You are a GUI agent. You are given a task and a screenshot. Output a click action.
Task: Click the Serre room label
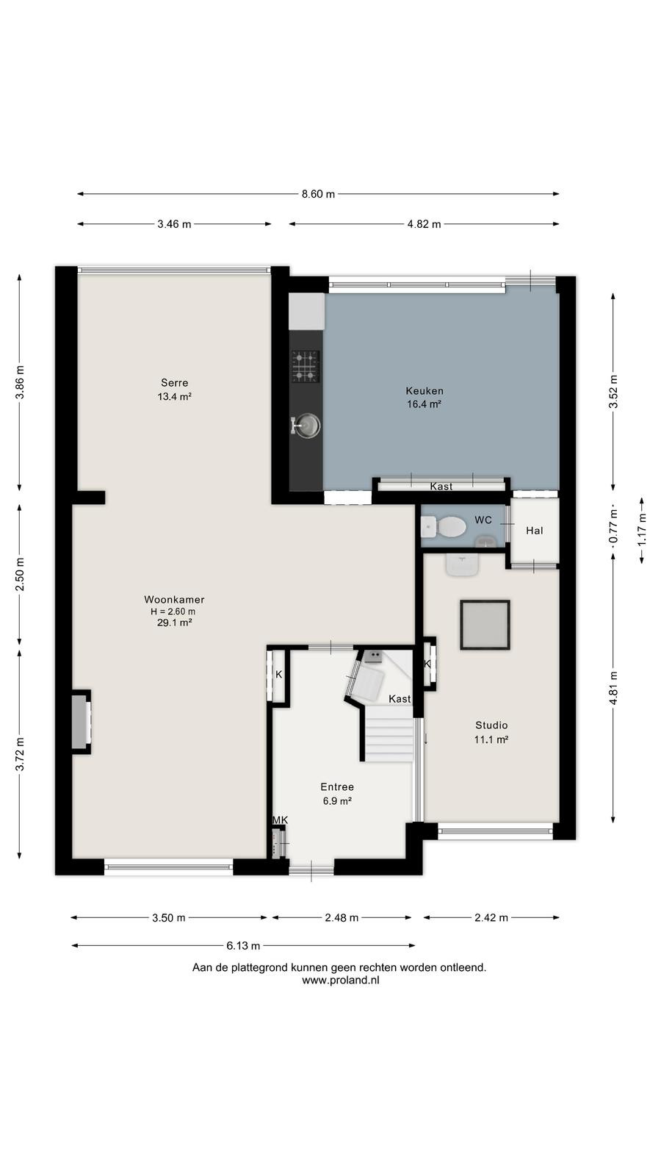point(174,383)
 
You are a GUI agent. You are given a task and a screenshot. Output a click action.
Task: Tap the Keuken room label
point(425,390)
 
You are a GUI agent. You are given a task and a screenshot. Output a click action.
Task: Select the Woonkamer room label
point(174,599)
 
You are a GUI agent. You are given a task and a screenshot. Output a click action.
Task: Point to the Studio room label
point(491,725)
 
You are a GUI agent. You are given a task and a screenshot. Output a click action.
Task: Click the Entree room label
point(337,786)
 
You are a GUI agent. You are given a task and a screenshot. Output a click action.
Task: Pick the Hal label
point(535,530)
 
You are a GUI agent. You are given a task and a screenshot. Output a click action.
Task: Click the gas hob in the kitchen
point(306,366)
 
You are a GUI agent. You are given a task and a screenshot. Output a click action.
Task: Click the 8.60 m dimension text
point(318,194)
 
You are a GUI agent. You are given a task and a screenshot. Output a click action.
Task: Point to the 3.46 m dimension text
point(174,224)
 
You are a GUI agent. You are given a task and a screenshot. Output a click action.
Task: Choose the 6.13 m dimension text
point(243,945)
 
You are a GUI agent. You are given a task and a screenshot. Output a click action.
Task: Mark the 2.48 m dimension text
point(342,918)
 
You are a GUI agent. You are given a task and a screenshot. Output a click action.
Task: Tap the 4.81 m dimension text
point(613,689)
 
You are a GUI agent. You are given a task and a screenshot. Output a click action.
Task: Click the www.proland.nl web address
point(341,980)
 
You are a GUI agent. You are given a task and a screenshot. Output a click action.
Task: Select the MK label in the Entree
point(280,820)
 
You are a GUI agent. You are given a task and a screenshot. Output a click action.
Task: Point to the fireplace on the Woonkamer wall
point(81,722)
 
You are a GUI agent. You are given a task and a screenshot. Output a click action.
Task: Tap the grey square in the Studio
point(485,625)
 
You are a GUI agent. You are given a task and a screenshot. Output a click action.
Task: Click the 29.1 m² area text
point(174,623)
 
